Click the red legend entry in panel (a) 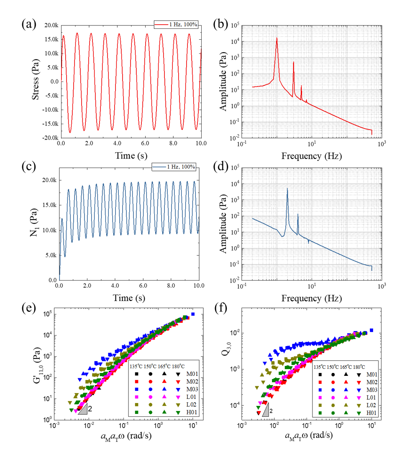176,26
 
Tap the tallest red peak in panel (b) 277,38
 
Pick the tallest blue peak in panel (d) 287,189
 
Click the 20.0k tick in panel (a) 49,26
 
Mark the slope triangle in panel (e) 83,409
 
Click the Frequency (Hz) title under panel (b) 311,156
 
